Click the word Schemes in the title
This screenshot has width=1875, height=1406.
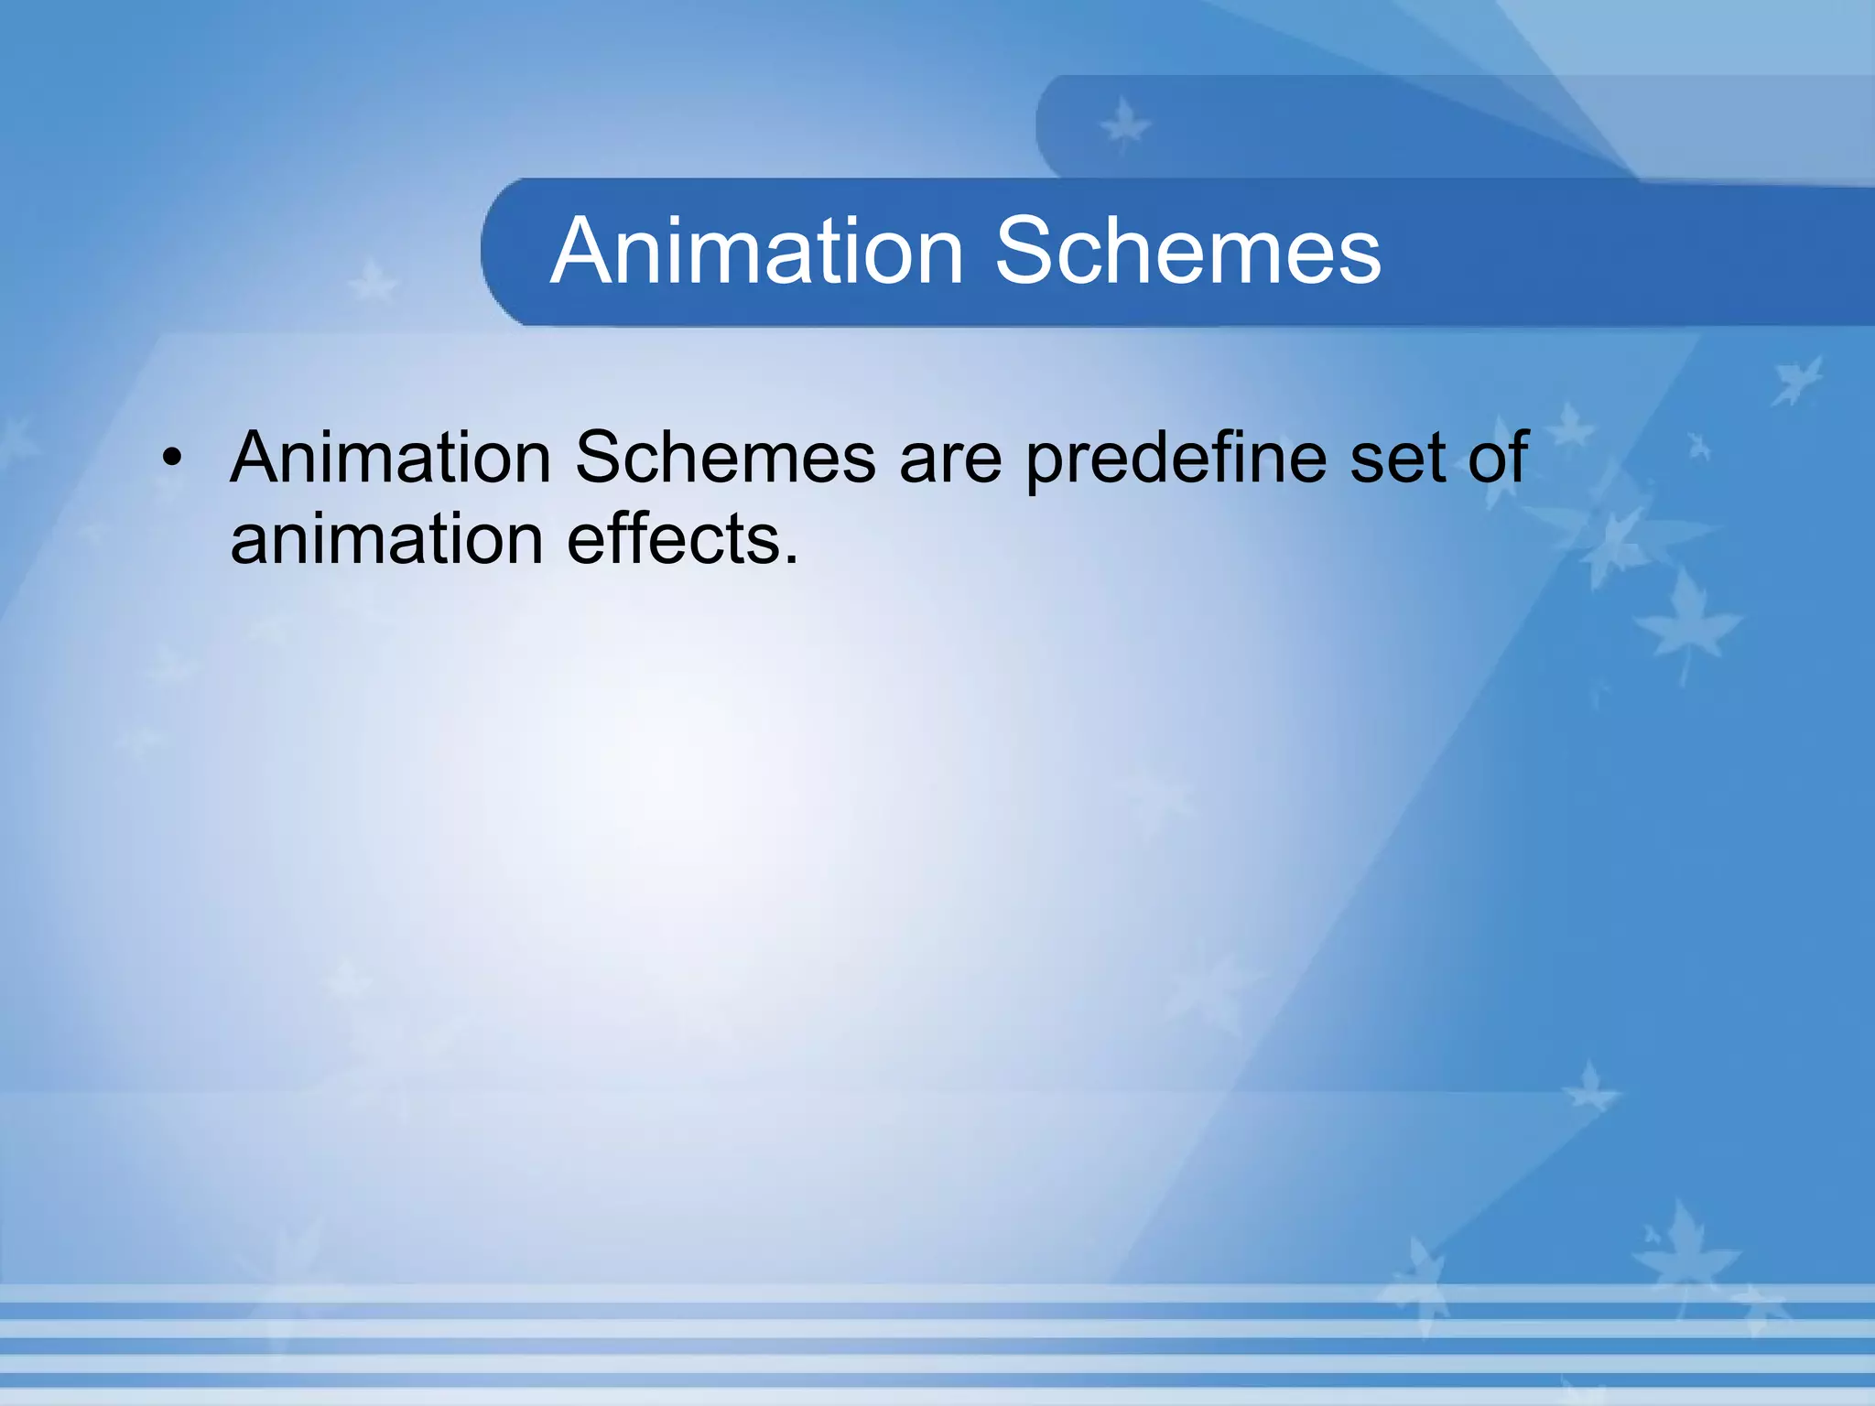(1187, 252)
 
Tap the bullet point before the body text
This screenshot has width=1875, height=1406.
(172, 458)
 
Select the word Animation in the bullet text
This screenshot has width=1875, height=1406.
(390, 458)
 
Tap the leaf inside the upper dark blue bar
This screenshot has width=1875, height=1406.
(1124, 125)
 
